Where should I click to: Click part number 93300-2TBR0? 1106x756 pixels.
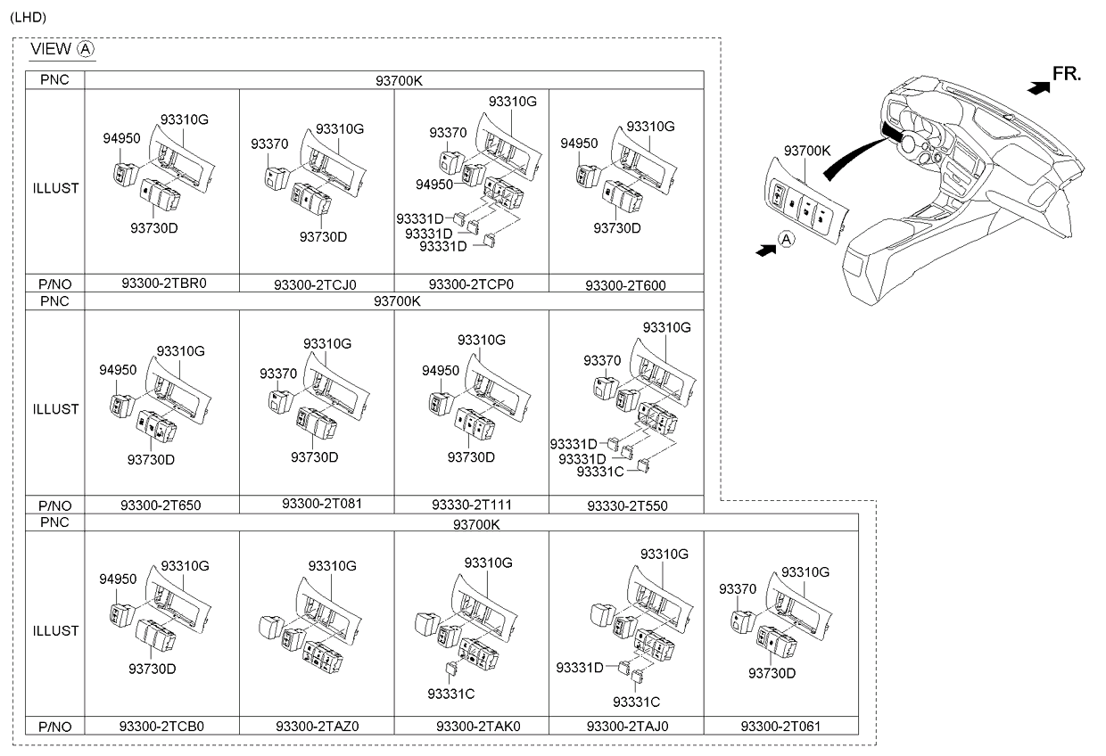pos(161,283)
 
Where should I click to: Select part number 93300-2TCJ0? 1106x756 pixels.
pos(315,285)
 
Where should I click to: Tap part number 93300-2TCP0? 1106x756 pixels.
pos(471,284)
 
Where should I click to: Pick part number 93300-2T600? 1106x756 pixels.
pos(625,285)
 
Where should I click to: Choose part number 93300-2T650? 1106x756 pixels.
pos(161,505)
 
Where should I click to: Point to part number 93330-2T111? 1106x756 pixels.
pos(471,505)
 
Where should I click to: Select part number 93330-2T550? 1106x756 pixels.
pos(627,505)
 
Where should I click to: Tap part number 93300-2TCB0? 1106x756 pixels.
pos(161,726)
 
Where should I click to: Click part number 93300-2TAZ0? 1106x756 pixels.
pos(317,726)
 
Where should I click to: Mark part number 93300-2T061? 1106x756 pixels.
pos(780,726)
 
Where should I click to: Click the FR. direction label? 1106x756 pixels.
pos(1067,74)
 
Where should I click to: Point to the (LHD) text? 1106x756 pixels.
pos(28,17)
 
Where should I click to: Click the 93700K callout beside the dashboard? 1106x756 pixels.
pos(807,151)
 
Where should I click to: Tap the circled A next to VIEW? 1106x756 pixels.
pos(86,48)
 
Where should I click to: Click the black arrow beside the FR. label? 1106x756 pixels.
pos(1036,86)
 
